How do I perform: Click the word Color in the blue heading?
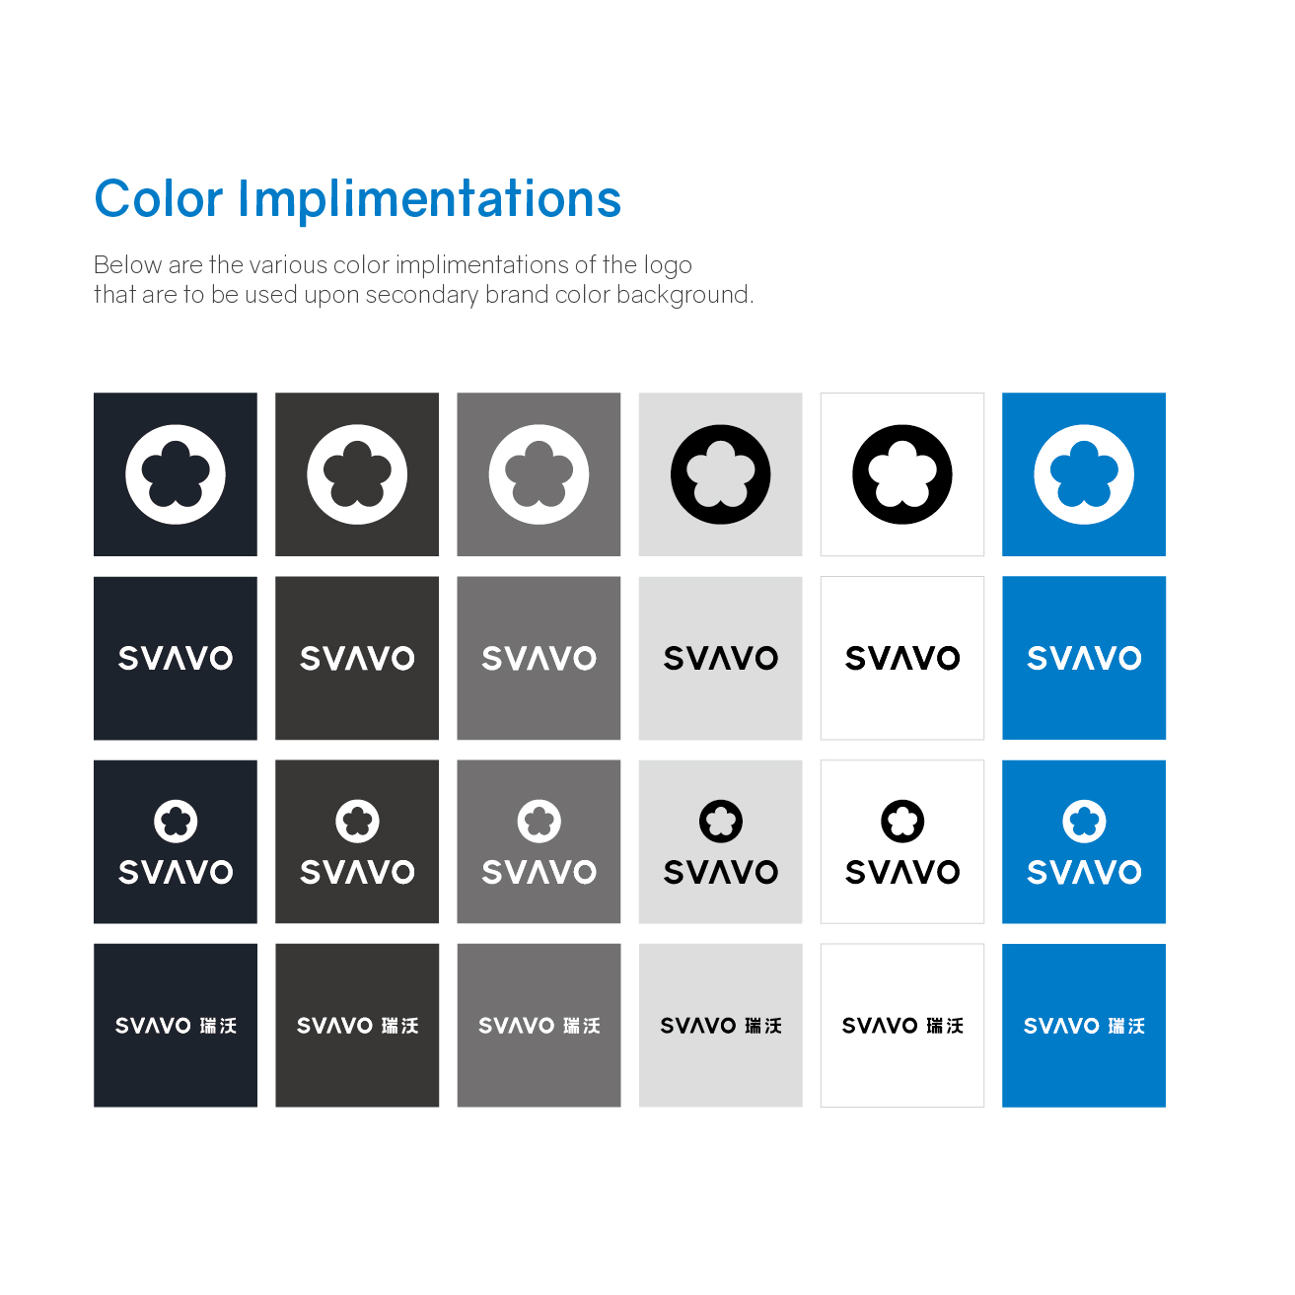point(158,199)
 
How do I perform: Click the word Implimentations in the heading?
point(429,200)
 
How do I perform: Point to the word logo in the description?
point(668,264)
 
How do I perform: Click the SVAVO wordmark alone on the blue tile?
point(1083,658)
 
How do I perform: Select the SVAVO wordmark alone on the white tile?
point(901,658)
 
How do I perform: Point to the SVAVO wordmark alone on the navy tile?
point(176,658)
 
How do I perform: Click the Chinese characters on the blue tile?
point(1126,1026)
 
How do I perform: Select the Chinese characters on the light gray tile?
point(763,1026)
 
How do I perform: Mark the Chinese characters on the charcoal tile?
point(399,1026)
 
